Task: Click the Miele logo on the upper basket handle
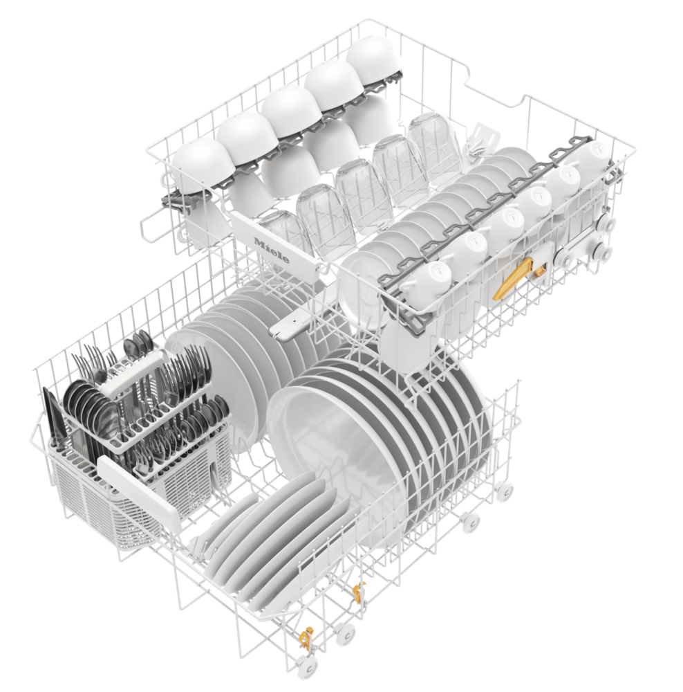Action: (271, 251)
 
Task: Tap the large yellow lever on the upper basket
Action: (512, 280)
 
